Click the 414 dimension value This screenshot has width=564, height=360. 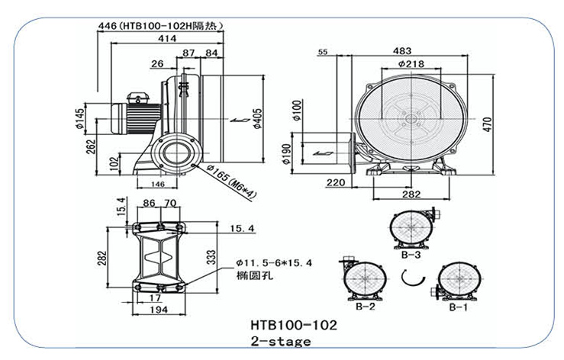pyautogui.click(x=167, y=38)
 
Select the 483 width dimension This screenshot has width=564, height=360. pyautogui.click(x=401, y=51)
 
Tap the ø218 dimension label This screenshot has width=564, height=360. pyautogui.click(x=411, y=64)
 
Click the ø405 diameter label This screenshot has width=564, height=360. pyautogui.click(x=257, y=119)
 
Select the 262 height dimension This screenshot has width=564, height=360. pyautogui.click(x=92, y=147)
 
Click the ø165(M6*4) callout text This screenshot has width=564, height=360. pyautogui.click(x=232, y=182)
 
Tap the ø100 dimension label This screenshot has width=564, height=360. pyautogui.click(x=297, y=111)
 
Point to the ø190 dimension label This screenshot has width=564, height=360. pyautogui.click(x=286, y=153)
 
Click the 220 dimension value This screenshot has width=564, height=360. pyautogui.click(x=336, y=183)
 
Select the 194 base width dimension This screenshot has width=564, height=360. pyautogui.click(x=159, y=310)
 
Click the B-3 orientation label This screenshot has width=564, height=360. pyautogui.click(x=411, y=255)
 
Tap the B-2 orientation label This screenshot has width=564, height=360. pyautogui.click(x=365, y=307)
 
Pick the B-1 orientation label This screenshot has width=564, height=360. pyautogui.click(x=458, y=307)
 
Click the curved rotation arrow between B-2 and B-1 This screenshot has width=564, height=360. pyautogui.click(x=413, y=278)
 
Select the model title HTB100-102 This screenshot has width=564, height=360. pyautogui.click(x=294, y=325)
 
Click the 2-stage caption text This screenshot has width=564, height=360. pyautogui.click(x=281, y=341)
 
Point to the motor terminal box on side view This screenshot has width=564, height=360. pyautogui.click(x=137, y=98)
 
